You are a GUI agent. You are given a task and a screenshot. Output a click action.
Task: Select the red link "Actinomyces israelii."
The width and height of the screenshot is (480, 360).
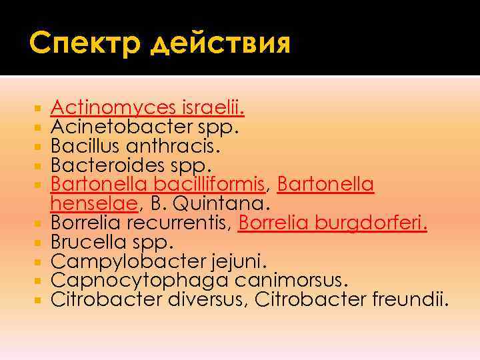click(x=147, y=107)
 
